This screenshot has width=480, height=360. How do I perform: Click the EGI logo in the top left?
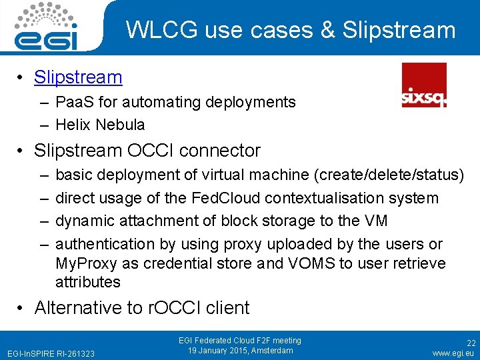click(47, 27)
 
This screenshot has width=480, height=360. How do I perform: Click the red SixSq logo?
click(424, 85)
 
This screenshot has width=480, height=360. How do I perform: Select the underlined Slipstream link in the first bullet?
click(78, 77)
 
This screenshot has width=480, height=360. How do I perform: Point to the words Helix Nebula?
click(100, 125)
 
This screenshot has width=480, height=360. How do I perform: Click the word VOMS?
click(311, 263)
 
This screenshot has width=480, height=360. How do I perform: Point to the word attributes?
click(88, 282)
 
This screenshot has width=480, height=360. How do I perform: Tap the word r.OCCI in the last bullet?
click(169, 308)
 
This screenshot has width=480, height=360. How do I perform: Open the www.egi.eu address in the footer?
click(453, 353)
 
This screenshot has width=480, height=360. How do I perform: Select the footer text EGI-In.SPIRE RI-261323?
click(50, 353)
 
